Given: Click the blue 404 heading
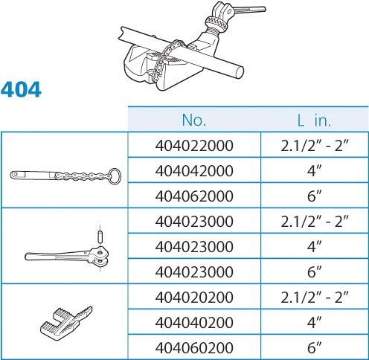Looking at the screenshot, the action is pos(21,89).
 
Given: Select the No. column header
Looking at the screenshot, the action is pos(194,120).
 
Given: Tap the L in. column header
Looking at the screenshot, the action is pos(314,120).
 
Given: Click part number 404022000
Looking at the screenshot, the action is pos(194,146).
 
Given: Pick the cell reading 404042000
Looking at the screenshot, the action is pos(194,171).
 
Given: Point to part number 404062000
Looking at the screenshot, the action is pos(194,196).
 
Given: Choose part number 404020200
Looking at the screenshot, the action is pos(194,297).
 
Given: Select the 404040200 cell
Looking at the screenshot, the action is pos(194,322).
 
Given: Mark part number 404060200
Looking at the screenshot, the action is pos(194,347).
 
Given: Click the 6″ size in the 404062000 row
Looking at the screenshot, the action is pos(315,196).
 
